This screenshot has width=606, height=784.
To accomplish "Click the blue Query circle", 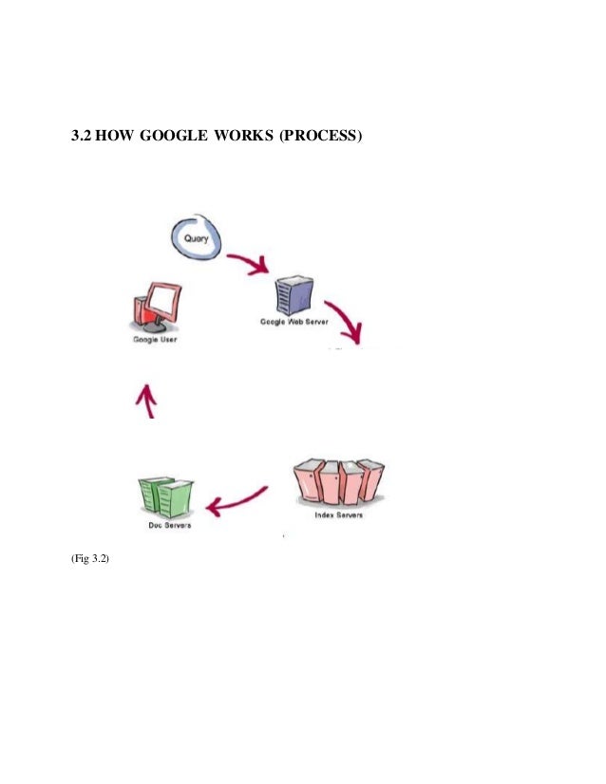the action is point(197,238).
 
